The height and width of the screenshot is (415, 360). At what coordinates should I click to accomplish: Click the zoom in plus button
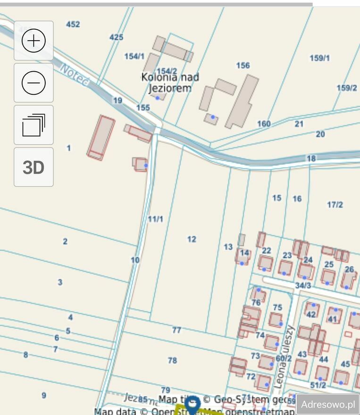[33, 41]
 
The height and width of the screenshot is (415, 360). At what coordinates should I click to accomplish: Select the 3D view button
[33, 167]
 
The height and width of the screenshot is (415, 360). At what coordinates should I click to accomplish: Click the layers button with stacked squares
[33, 125]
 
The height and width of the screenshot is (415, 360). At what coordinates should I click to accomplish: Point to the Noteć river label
[75, 75]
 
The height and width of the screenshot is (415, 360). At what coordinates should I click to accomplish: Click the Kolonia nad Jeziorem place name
[170, 83]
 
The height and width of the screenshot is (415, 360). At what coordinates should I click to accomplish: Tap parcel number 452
[73, 24]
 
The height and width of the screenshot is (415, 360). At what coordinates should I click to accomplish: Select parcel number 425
[116, 37]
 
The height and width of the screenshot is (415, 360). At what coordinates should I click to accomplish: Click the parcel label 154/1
[134, 56]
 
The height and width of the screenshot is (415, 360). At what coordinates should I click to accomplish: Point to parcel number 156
[243, 66]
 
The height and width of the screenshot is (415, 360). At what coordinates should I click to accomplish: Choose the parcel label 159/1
[319, 58]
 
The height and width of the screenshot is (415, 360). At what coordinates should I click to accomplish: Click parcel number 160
[264, 124]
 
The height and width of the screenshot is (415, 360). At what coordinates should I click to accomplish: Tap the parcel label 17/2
[335, 204]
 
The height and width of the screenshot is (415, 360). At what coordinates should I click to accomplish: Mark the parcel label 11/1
[155, 219]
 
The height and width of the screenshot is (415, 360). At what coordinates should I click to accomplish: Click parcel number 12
[192, 239]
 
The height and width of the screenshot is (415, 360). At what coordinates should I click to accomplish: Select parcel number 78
[172, 360]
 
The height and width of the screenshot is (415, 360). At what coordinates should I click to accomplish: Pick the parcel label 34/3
[303, 285]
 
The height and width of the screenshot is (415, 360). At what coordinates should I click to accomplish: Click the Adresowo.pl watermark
[327, 404]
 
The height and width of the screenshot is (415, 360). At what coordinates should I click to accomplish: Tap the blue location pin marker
[192, 404]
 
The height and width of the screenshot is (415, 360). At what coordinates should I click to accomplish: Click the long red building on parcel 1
[101, 137]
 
